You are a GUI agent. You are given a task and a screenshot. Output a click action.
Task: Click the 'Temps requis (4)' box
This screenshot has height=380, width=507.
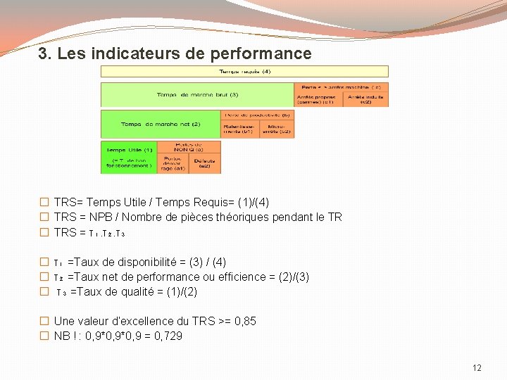[244, 71]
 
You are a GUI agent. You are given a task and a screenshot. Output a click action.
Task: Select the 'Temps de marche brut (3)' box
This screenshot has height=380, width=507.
[197, 95]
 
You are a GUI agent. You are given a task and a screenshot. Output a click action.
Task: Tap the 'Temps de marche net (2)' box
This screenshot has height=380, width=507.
[161, 124]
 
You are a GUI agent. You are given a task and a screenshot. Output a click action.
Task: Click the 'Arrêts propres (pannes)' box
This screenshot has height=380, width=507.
[318, 99]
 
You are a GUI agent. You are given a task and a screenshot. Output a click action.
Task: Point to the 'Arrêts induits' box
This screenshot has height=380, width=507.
[365, 99]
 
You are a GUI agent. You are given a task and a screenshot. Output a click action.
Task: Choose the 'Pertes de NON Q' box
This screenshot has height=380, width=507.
[188, 146]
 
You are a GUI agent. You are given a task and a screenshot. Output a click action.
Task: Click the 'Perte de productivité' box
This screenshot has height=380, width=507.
[257, 114]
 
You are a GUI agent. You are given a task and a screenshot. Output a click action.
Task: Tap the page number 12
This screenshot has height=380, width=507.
[477, 368]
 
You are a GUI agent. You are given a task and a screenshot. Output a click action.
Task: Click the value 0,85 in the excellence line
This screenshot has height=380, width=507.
[246, 322]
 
